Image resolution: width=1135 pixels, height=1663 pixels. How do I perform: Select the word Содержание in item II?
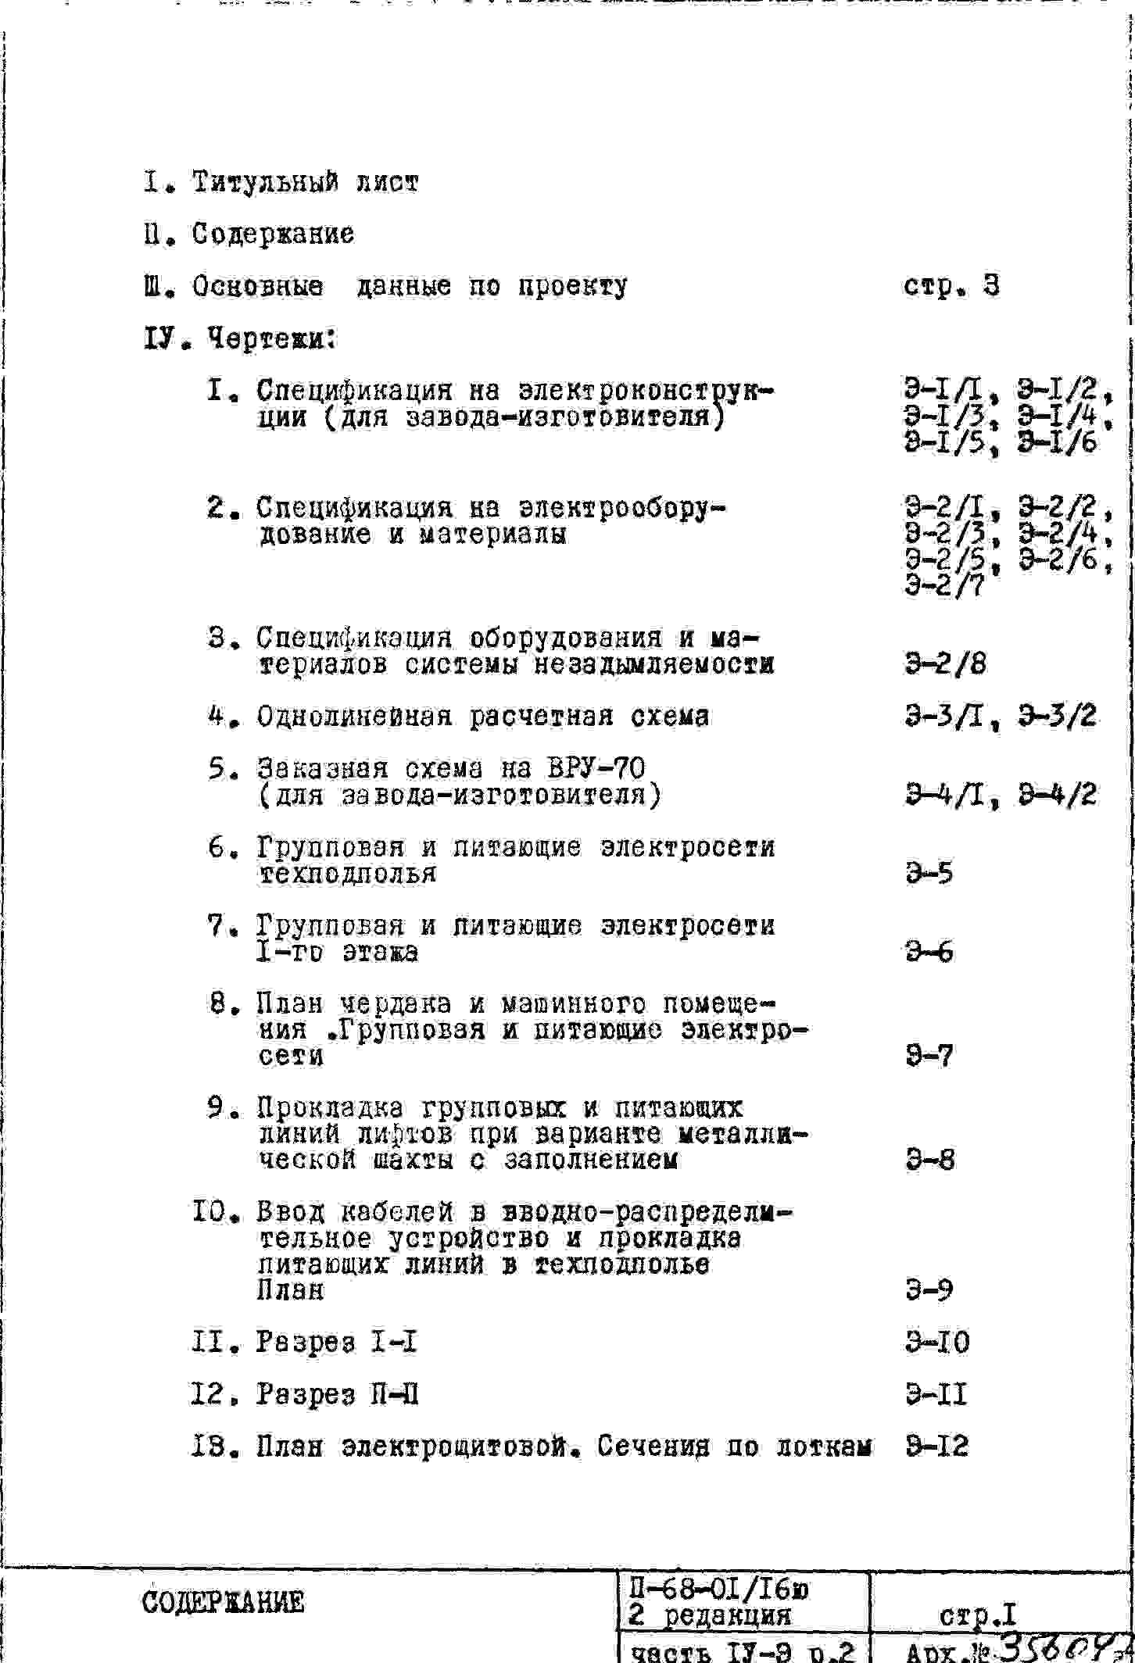[x=273, y=234]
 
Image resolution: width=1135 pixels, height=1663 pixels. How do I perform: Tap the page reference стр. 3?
[x=951, y=287]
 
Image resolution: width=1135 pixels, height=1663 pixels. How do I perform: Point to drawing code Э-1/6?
[x=1058, y=443]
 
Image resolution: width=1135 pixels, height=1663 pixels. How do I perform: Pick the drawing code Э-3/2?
[x=1058, y=716]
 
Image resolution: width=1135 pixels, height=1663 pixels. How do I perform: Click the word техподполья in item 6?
[x=347, y=874]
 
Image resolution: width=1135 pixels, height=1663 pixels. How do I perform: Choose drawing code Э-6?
[x=929, y=952]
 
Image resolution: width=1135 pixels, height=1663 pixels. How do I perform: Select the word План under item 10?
[x=290, y=1290]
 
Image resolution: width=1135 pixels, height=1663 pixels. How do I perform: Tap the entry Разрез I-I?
[x=336, y=1343]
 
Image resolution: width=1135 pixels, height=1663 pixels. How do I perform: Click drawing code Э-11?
[x=936, y=1395]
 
